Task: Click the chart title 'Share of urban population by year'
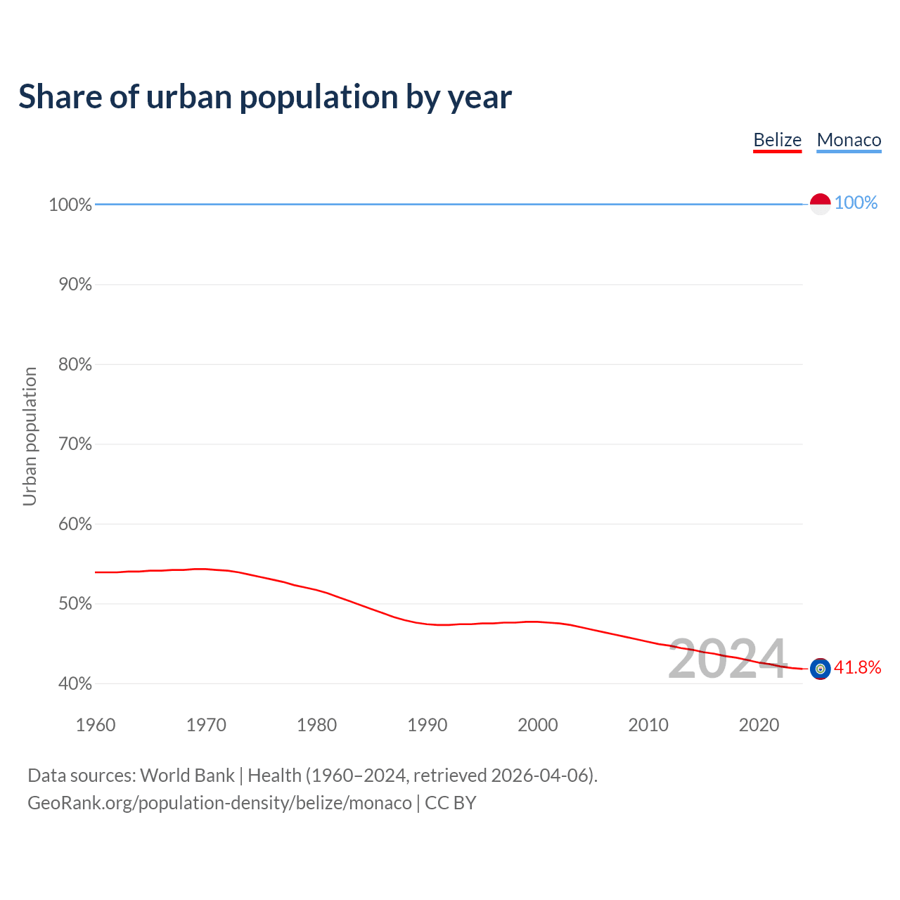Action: pyautogui.click(x=265, y=97)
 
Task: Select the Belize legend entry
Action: pyautogui.click(x=777, y=140)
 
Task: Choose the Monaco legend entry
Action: pyautogui.click(x=849, y=140)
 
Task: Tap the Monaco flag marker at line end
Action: pyautogui.click(x=820, y=204)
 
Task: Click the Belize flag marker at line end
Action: pyautogui.click(x=820, y=669)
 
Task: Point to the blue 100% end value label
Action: pyautogui.click(x=856, y=203)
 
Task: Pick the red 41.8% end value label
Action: pyautogui.click(x=857, y=667)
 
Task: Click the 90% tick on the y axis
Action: pyautogui.click(x=70, y=285)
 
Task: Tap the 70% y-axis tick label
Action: pyautogui.click(x=70, y=444)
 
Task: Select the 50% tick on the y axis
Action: pyautogui.click(x=70, y=604)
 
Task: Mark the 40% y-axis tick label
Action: pyautogui.click(x=70, y=684)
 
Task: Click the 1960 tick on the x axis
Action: pyautogui.click(x=96, y=725)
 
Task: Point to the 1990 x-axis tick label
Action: pyautogui.click(x=427, y=725)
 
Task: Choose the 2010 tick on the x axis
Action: pyautogui.click(x=648, y=725)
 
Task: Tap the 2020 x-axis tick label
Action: pyautogui.click(x=759, y=725)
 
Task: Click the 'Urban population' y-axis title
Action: pyautogui.click(x=30, y=437)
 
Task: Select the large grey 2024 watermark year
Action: pyautogui.click(x=727, y=660)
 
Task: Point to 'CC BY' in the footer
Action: pyautogui.click(x=451, y=803)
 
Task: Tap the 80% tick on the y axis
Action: pyautogui.click(x=70, y=364)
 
